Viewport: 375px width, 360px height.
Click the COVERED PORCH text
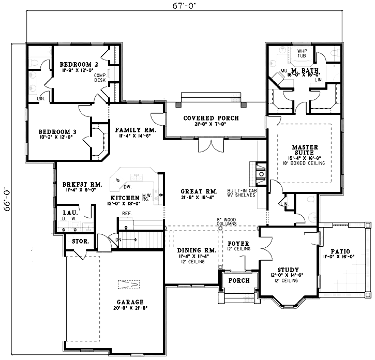coord(211,118)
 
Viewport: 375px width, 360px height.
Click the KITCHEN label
coord(124,198)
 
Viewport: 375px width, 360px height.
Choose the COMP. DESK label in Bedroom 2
coord(99,77)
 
